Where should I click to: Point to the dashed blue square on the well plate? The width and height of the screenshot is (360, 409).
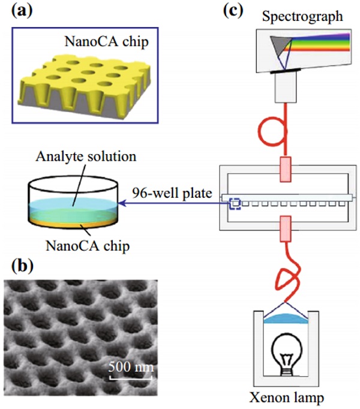click(235, 204)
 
